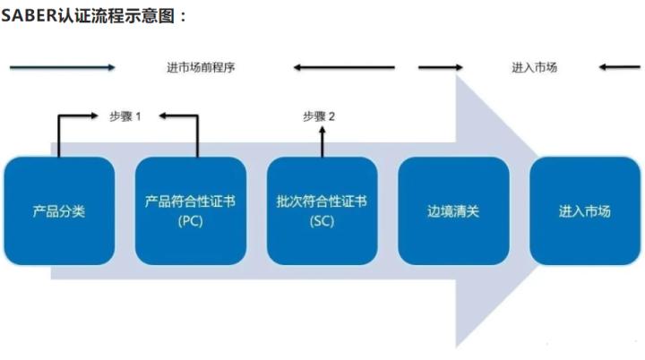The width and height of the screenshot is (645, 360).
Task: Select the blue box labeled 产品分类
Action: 59,211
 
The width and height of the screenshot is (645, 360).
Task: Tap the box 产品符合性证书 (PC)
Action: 190,211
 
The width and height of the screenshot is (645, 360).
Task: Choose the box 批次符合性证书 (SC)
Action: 322,211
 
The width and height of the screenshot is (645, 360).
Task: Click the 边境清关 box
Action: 453,211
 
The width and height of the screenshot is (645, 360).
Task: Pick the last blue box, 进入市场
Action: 584,211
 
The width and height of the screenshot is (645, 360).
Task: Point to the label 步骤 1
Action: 125,116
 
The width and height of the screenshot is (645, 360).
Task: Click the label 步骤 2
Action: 319,116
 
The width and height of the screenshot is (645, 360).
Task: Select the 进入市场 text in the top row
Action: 535,67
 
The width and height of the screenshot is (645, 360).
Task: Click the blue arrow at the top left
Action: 63,67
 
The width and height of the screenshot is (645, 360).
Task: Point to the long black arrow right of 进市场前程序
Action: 344,67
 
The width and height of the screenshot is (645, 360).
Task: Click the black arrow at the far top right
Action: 621,67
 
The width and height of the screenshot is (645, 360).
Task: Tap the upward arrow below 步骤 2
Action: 320,141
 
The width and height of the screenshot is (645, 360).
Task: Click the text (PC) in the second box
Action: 190,222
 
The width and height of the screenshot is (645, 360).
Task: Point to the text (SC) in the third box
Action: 322,222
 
